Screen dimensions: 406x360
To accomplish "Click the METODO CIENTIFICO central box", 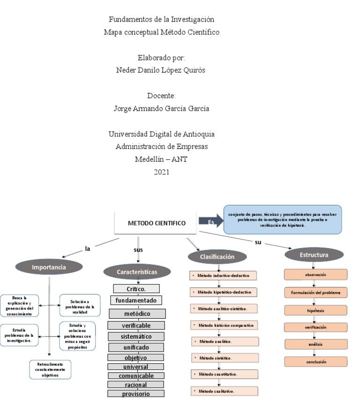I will [x=156, y=223].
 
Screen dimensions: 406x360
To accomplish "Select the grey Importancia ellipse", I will [x=49, y=267].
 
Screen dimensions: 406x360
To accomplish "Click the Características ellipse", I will [x=136, y=271].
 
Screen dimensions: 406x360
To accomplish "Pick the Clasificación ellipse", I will [x=217, y=256].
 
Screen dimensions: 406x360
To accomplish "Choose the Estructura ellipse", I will [x=314, y=255].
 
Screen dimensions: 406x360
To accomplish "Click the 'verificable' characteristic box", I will [x=136, y=325].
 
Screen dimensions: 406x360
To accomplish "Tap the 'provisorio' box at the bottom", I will [x=136, y=394].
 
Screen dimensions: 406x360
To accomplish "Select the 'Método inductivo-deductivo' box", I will [x=223, y=276].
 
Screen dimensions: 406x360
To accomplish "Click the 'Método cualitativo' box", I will [x=224, y=391].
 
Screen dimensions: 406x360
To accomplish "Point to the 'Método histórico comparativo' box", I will [x=224, y=325].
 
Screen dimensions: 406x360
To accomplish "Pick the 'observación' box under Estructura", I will [x=315, y=274].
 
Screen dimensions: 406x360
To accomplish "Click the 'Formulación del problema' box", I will [x=315, y=293].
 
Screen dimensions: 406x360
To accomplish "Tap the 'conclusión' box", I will [x=315, y=361].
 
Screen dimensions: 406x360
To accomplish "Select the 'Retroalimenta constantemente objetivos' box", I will [x=50, y=369].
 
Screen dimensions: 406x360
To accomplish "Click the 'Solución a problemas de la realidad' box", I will [x=80, y=305].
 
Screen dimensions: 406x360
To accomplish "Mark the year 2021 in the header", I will [x=161, y=172].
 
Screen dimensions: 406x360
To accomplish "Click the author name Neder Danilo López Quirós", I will [x=161, y=70].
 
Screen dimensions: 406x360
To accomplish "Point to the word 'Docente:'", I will [x=161, y=96].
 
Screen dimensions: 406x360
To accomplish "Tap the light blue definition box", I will [x=283, y=219].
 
